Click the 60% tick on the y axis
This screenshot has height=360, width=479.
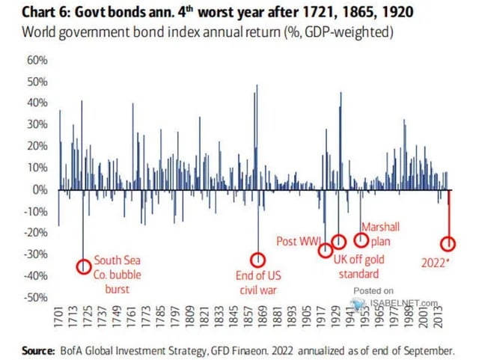[x=37, y=60]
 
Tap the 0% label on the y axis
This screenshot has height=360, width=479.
[x=40, y=189]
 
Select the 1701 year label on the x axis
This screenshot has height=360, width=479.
[x=59, y=317]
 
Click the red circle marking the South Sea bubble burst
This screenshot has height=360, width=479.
[x=84, y=266]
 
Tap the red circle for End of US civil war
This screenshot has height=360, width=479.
[x=257, y=260]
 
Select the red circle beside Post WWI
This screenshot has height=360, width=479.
[x=326, y=251]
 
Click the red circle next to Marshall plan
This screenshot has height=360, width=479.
[x=361, y=240]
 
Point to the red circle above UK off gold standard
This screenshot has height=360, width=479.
[x=338, y=241]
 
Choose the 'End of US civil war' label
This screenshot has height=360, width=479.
[x=257, y=282]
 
